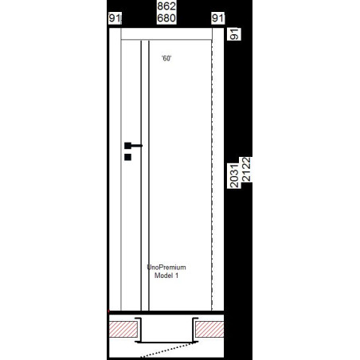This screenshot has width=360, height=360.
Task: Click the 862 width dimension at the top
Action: pyautogui.click(x=166, y=6)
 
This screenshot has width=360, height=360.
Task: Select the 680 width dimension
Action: pyautogui.click(x=166, y=18)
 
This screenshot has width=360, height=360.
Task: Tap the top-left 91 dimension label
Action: pyautogui.click(x=115, y=18)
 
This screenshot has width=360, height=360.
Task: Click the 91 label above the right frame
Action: pyautogui.click(x=217, y=18)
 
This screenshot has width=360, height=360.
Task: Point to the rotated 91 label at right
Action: pyautogui.click(x=234, y=34)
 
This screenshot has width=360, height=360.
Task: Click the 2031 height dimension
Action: pyautogui.click(x=234, y=176)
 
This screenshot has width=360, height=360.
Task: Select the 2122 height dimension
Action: pyautogui.click(x=246, y=170)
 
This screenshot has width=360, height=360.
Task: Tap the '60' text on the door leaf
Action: pyautogui.click(x=166, y=58)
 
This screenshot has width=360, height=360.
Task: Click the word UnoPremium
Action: pyautogui.click(x=166, y=267)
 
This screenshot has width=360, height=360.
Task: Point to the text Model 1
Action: pyautogui.click(x=166, y=276)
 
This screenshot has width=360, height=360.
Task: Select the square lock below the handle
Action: pyautogui.click(x=127, y=157)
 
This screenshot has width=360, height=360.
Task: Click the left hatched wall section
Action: pyautogui.click(x=123, y=329)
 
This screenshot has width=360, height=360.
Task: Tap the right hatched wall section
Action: pyautogui.click(x=209, y=329)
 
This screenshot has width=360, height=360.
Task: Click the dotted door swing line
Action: pyautogui.click(x=169, y=350)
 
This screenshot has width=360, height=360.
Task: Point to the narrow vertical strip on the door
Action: pyautogui.click(x=145, y=175)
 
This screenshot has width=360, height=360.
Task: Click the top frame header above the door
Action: pyautogui.click(x=166, y=34)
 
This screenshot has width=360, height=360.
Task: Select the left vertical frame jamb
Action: pyautogui.click(x=115, y=169)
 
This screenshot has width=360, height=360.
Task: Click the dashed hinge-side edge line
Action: pyautogui.click(x=212, y=175)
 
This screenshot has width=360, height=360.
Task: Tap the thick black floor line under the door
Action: pyautogui.click(x=166, y=312)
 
